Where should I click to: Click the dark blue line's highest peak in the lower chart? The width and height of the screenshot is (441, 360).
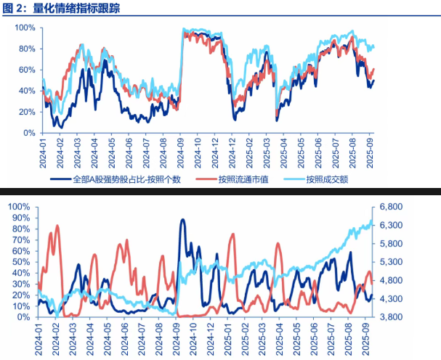pyautogui.click(x=182, y=219)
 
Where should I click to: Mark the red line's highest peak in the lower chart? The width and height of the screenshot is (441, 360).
pyautogui.click(x=57, y=226)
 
